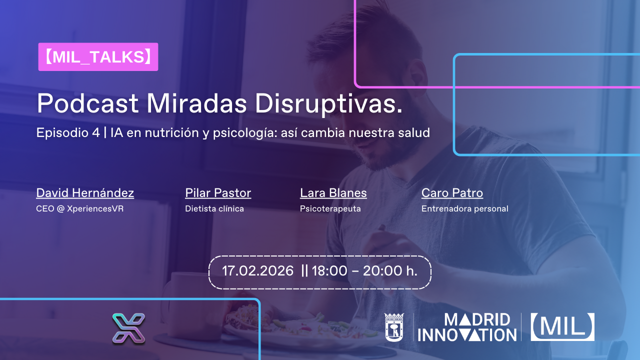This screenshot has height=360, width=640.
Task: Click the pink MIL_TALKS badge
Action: click(x=98, y=57)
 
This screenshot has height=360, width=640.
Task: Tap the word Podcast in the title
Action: click(x=87, y=103)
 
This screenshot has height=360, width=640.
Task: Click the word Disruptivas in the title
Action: click(x=328, y=103)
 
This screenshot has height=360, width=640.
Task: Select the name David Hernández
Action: click(x=85, y=193)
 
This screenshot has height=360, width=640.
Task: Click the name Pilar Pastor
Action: click(x=218, y=193)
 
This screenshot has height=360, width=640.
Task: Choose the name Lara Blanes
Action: click(x=333, y=193)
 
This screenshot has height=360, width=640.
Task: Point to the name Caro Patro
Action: click(x=452, y=193)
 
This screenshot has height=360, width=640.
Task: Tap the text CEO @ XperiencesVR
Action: click(x=79, y=209)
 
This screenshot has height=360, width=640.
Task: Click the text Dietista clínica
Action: click(x=214, y=209)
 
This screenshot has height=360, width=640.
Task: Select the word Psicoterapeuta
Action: click(x=330, y=209)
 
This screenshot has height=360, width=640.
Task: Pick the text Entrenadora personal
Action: click(x=465, y=209)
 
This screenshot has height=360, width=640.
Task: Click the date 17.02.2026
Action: click(x=257, y=271)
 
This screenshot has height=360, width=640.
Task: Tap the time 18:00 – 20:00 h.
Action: click(x=364, y=271)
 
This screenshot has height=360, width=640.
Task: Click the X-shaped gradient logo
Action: click(x=128, y=328)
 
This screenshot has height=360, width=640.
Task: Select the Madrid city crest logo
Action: click(x=394, y=327)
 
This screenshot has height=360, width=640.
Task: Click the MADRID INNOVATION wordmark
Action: click(x=467, y=327)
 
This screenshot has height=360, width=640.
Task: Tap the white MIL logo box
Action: click(x=562, y=327)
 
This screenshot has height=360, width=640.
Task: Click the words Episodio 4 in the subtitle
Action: click(x=68, y=132)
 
